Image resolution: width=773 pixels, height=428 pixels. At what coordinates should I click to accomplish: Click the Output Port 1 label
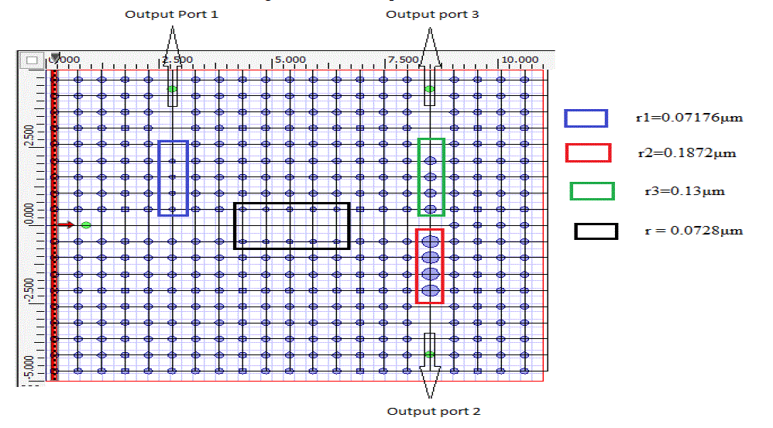(171, 15)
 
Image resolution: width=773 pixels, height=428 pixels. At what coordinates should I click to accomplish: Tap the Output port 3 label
(432, 15)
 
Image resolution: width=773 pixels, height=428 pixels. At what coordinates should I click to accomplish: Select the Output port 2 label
(433, 411)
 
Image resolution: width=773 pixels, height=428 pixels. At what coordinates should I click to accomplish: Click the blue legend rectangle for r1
(586, 117)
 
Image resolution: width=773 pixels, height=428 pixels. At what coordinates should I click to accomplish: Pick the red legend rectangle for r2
(588, 152)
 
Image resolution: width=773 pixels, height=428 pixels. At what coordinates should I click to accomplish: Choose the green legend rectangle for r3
(592, 190)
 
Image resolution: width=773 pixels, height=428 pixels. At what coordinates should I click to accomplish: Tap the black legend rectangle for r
(596, 231)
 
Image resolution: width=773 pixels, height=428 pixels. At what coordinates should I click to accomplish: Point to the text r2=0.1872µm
(686, 153)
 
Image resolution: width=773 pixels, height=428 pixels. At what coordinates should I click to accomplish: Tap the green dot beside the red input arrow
(86, 225)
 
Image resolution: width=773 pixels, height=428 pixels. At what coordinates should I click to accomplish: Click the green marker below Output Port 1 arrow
(172, 90)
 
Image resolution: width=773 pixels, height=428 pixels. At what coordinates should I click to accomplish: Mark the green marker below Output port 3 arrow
(429, 89)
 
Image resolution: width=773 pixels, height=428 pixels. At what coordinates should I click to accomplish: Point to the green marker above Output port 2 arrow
(429, 354)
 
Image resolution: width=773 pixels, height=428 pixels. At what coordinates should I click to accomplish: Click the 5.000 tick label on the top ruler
(290, 60)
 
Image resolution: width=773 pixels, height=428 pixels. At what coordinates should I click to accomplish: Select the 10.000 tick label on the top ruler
(519, 60)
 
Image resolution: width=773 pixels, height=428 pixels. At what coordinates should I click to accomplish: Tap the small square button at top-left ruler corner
(31, 60)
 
